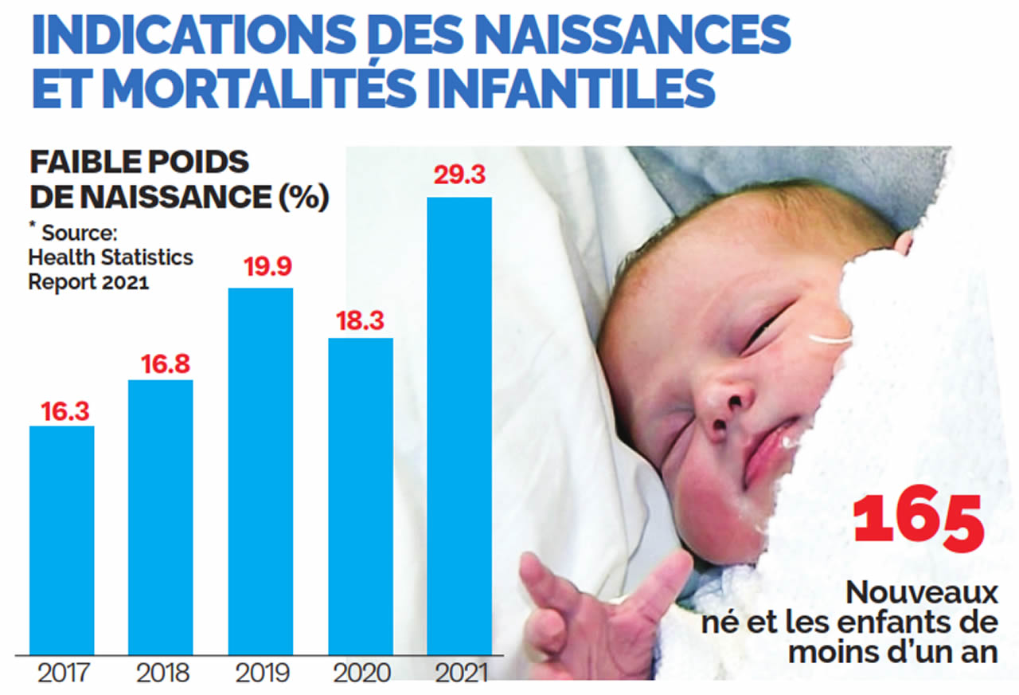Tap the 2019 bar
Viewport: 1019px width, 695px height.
point(260,470)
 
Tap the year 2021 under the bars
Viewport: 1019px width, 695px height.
point(459,673)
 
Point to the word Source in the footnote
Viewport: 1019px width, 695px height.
point(80,234)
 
